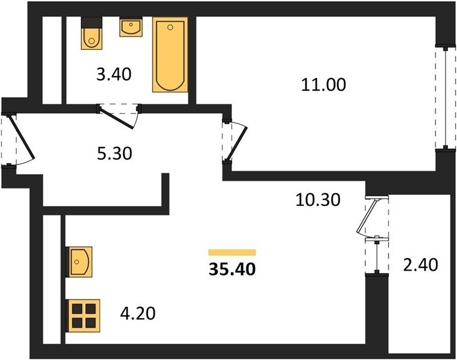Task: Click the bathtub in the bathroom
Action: click(170, 55)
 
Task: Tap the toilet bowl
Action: click(92, 38)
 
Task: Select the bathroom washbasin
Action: click(131, 27)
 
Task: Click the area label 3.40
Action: click(114, 74)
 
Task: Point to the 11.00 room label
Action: click(323, 85)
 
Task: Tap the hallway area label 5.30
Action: click(115, 154)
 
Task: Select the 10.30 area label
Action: click(318, 200)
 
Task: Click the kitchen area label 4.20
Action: click(138, 313)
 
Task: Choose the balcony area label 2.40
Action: click(420, 265)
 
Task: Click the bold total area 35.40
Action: click(232, 269)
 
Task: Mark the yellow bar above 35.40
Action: click(232, 253)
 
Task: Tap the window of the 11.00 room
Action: click(446, 98)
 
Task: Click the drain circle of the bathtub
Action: click(170, 28)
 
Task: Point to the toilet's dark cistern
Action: click(92, 22)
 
